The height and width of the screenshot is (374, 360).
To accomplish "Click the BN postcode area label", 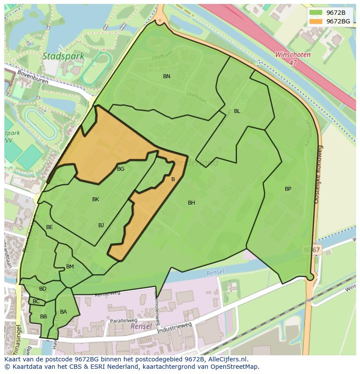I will click(167, 76).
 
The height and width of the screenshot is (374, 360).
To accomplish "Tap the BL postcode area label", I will click(237, 111).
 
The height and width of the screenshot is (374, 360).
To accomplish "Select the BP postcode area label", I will click(288, 189).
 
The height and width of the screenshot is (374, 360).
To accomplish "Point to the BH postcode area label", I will click(191, 203).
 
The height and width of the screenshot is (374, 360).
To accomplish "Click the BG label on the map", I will click(121, 169).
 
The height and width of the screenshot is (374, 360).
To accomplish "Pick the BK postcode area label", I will click(96, 199).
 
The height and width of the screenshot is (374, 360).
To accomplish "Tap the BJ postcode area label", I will click(101, 225).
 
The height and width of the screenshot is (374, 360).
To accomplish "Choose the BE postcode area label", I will click(50, 227).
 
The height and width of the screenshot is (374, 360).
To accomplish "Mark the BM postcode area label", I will click(70, 267).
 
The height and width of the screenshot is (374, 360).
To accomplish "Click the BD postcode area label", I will click(43, 289).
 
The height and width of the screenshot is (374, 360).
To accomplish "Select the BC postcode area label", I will click(36, 301).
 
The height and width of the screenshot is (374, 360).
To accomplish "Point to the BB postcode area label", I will click(43, 317).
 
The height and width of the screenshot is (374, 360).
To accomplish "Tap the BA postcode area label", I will click(63, 312).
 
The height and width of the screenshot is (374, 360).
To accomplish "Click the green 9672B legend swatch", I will click(316, 13).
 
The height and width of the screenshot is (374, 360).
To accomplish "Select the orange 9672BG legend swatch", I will click(316, 21).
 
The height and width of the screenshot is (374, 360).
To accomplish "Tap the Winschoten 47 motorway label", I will click(293, 59).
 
